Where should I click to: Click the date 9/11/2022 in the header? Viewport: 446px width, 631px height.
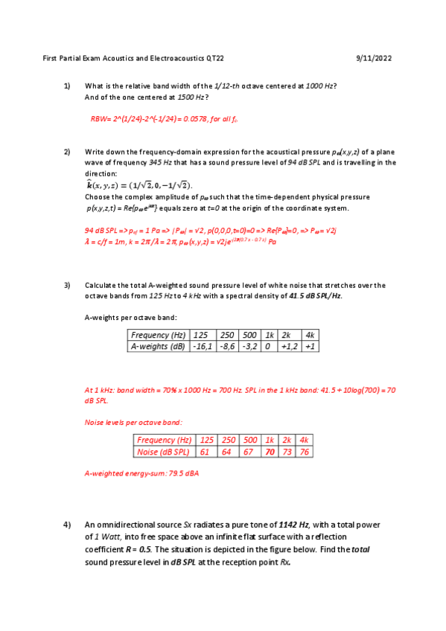pos(375,58)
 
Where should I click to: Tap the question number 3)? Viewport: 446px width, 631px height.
pos(66,285)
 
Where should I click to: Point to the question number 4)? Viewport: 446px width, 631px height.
pos(66,526)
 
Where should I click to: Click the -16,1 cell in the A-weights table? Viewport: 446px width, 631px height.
pos(203,346)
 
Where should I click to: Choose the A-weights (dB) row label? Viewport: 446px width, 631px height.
pos(158,346)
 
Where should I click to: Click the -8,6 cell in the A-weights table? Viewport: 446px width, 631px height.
pos(227,346)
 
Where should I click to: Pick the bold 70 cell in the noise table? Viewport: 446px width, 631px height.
pos(270,452)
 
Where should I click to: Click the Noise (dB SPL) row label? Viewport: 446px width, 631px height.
pos(163,452)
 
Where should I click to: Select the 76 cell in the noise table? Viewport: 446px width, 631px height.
pos(305,452)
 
